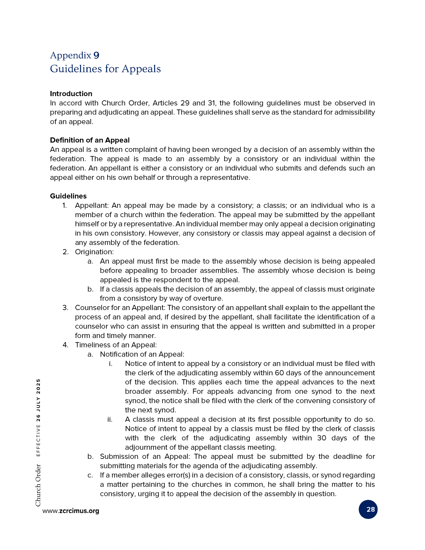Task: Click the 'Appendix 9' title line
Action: [75, 55]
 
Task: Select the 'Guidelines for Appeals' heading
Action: [105, 69]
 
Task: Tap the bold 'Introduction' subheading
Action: [71, 94]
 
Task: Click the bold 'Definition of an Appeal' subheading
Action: [90, 140]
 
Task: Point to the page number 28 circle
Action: [368, 509]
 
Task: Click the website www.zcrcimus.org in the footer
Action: [71, 511]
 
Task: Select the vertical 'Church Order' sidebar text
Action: [38, 485]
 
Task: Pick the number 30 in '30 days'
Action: [322, 438]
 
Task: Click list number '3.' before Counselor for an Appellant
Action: [66, 308]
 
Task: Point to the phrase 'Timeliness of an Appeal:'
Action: [116, 345]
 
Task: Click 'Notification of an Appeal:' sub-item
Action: [142, 354]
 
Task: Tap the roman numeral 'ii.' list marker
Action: [110, 419]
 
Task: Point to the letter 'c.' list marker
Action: [90, 475]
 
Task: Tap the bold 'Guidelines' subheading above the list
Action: [68, 196]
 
